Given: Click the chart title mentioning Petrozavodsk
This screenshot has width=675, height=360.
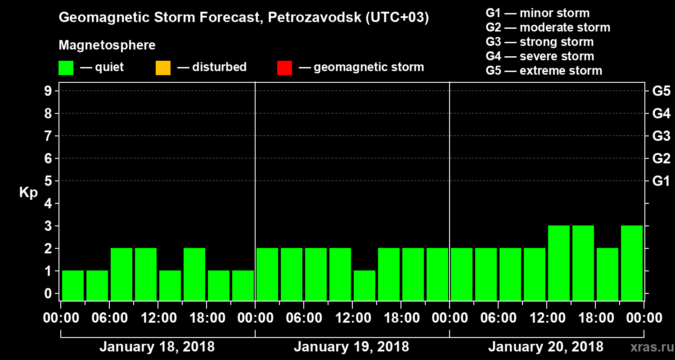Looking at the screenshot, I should click(243, 18).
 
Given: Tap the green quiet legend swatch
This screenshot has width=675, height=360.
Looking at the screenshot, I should click(66, 68).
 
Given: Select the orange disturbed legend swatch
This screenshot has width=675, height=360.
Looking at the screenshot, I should click(163, 68).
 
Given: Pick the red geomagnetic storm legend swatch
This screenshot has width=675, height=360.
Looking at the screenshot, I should click(284, 68).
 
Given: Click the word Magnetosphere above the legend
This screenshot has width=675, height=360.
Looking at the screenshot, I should click(107, 45).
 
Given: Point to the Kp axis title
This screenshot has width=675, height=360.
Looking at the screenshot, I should click(28, 193).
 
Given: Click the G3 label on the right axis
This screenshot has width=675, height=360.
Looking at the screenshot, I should click(661, 136).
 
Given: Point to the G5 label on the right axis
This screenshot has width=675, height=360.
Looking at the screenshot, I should click(661, 91).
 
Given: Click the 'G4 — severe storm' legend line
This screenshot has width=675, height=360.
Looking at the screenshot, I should click(540, 56).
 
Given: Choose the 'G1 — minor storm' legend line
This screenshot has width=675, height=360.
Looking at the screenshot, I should click(537, 13).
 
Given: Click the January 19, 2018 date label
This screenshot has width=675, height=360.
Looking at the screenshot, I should click(351, 347).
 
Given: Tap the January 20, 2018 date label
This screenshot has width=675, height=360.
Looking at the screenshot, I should click(546, 347).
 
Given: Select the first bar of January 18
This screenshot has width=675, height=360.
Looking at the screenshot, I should click(73, 285).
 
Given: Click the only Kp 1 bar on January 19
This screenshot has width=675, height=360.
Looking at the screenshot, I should click(364, 285).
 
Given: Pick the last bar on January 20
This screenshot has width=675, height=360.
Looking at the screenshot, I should click(632, 263).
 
